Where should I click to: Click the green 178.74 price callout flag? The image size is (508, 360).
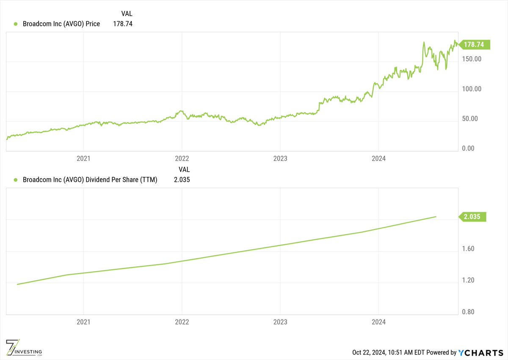476,44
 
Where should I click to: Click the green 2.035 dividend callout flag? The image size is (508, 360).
474,217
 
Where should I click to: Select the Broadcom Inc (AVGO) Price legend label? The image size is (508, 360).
61,24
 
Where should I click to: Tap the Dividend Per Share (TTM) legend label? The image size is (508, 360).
90,180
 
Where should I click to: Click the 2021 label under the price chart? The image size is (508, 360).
83,159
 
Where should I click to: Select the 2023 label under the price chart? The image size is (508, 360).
280,159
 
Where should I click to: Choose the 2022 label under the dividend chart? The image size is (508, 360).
182,322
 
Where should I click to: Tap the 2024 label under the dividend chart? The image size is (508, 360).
378,322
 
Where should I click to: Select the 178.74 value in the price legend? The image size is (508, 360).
123,24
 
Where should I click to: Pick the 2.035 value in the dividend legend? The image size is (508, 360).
182,180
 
